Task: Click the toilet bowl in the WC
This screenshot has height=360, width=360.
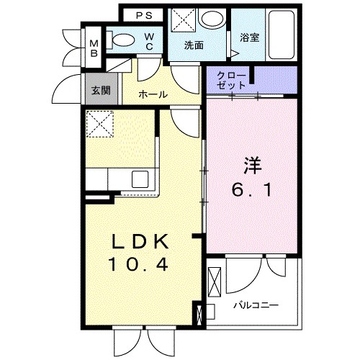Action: pos(123,42)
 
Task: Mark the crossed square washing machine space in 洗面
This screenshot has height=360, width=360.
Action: pos(182,19)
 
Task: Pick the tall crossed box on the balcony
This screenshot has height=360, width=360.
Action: pos(214,282)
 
